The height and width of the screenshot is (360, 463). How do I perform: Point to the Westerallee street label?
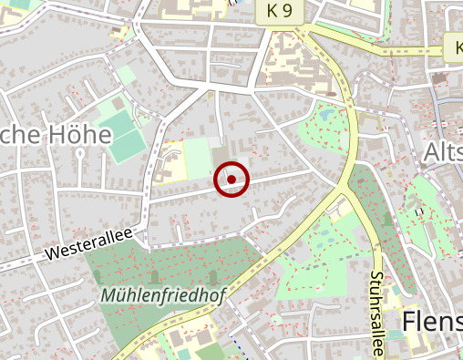point(87,242)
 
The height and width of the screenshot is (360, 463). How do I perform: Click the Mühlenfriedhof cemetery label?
point(163,296)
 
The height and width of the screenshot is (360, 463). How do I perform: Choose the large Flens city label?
point(431,322)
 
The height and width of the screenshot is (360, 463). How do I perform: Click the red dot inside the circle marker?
point(231,180)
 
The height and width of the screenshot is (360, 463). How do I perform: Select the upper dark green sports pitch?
point(115,115)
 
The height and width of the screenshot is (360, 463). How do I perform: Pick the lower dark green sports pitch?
point(128,143)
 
